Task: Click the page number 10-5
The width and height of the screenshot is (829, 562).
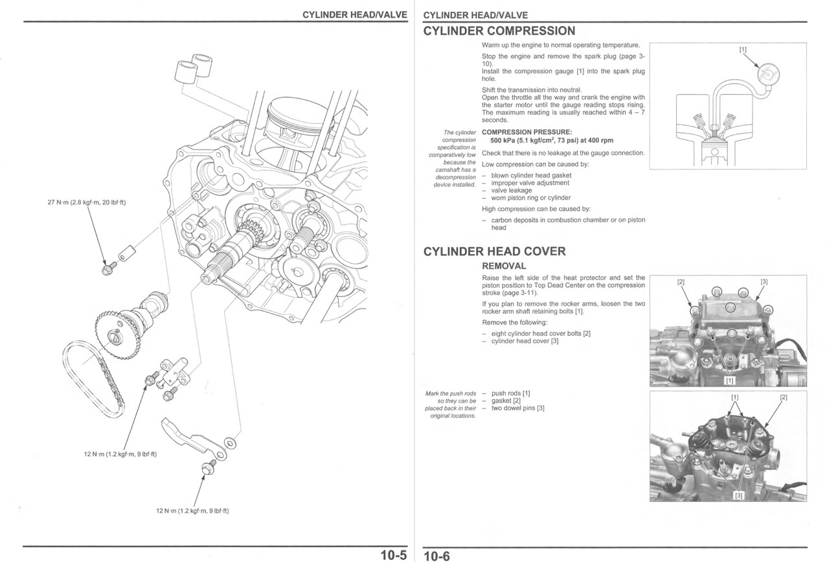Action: pyautogui.click(x=393, y=555)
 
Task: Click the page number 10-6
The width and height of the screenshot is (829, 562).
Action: pyautogui.click(x=437, y=556)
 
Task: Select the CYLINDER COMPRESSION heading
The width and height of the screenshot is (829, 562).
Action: pyautogui.click(x=499, y=31)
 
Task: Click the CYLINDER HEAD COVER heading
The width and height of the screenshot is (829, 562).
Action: pyautogui.click(x=494, y=252)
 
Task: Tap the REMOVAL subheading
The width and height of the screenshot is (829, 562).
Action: pyautogui.click(x=504, y=266)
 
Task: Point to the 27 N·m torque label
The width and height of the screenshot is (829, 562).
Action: pyautogui.click(x=87, y=203)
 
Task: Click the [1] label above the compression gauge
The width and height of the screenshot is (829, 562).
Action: pyautogui.click(x=742, y=49)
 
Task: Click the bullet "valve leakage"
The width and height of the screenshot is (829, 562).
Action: pyautogui.click(x=511, y=191)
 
